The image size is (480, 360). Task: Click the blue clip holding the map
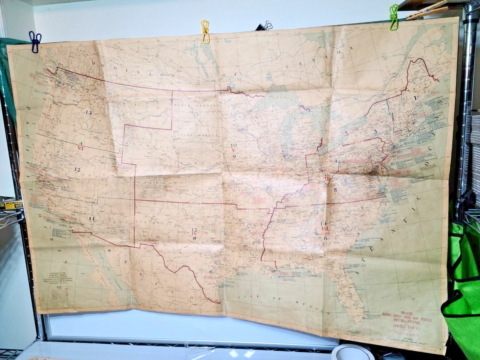click(x=35, y=42)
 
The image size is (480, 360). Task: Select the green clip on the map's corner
click(x=394, y=17)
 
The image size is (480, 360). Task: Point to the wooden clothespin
click(x=427, y=10)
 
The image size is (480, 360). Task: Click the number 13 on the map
click(x=88, y=112)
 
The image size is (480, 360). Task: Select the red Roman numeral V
click(x=234, y=150)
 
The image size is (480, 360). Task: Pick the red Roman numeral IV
click(x=194, y=234)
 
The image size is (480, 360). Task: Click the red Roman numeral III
click(x=324, y=228)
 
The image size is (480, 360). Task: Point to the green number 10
click(x=234, y=145)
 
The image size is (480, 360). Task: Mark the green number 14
click(x=324, y=223)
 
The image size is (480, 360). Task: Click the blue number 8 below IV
click(x=194, y=238)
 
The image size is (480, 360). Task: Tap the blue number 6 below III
click(x=326, y=238)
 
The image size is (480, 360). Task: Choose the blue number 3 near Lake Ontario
click(x=375, y=132)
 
